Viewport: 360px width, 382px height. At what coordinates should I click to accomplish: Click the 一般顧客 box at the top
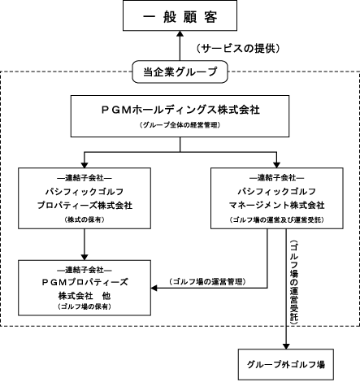point(180,15)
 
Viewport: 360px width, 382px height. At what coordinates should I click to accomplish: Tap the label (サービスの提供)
point(238,49)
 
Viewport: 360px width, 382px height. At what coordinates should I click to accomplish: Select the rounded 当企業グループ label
point(180,72)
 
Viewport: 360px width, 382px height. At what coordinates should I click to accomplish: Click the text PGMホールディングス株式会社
point(180,110)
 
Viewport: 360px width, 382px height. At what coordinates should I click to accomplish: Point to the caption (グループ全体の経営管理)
point(180,125)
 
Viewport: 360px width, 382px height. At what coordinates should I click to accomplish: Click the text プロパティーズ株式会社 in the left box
point(85,205)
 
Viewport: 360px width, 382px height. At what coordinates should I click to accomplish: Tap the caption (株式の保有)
point(85,219)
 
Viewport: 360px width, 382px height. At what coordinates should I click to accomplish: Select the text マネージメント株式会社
point(277,205)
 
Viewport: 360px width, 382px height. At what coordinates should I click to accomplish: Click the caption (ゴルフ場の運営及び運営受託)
point(277,219)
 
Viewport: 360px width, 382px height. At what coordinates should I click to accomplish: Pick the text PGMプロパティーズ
point(85,282)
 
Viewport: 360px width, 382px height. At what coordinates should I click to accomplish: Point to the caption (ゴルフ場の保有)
point(85,306)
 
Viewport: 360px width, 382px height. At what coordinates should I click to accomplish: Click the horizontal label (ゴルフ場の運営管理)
point(208,281)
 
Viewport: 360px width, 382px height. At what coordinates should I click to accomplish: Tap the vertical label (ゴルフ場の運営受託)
point(294,282)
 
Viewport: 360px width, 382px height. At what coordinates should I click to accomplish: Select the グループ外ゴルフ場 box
point(286,364)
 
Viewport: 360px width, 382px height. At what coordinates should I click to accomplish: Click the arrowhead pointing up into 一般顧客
point(180,33)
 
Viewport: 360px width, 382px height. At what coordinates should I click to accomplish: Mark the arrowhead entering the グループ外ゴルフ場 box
point(286,346)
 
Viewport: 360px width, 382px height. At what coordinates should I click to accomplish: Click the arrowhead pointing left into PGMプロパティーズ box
point(154,288)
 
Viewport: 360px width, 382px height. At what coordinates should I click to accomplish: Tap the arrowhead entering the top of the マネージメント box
point(276,165)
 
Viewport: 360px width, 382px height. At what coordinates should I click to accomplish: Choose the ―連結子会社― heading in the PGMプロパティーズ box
point(85,270)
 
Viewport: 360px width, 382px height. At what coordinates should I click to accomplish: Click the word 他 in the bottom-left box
point(106,296)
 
